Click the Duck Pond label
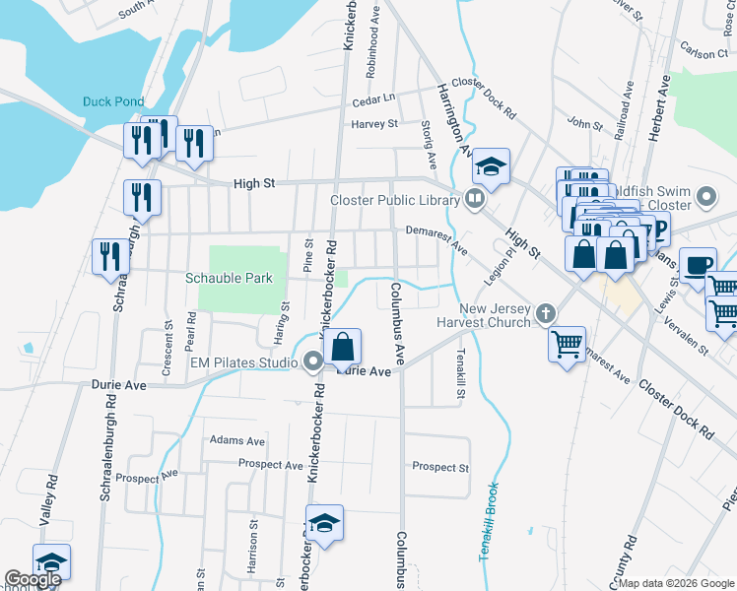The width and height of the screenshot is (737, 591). click(x=113, y=101)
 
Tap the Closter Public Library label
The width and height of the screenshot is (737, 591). click(x=393, y=201)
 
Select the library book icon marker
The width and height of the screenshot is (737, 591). click(x=475, y=201)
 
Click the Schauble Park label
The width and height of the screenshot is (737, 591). click(x=229, y=278)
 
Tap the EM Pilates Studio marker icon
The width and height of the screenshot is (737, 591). click(x=313, y=362)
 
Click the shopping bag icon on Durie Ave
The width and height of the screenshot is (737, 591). click(x=343, y=348)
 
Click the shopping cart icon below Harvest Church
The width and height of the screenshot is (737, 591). click(x=567, y=344)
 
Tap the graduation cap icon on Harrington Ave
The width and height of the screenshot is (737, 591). click(x=490, y=165)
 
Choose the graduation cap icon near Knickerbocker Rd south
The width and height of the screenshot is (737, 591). click(x=324, y=523)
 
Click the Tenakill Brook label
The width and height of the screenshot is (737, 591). click(x=490, y=522)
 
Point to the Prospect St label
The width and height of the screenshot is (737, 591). click(x=440, y=467)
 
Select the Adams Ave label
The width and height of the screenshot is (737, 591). click(x=236, y=441)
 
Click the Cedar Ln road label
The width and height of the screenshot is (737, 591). click(x=374, y=98)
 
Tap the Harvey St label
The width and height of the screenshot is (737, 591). click(x=374, y=124)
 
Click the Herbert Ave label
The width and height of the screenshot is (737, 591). click(x=662, y=110)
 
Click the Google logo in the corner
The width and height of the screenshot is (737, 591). click(x=33, y=579)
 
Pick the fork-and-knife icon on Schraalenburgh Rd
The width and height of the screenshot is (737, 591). click(x=109, y=257)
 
